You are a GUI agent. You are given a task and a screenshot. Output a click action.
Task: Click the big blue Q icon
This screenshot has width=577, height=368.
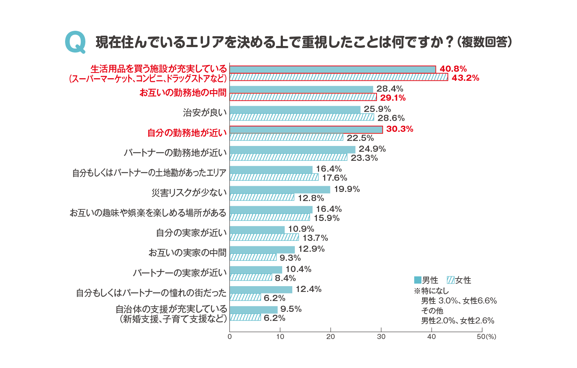[75, 42]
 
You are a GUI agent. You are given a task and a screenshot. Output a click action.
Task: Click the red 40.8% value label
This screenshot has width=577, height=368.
[453, 69]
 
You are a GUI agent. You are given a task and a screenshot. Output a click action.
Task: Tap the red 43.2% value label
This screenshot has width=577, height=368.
[465, 78]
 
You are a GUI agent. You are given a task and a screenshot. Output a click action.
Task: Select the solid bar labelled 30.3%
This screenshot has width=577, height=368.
[306, 130]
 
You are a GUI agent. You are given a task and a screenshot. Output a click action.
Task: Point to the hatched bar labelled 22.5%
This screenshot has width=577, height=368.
[286, 137]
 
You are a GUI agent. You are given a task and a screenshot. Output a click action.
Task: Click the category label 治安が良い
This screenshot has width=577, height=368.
[205, 113]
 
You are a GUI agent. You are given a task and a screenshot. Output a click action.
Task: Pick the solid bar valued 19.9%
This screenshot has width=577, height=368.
[280, 189]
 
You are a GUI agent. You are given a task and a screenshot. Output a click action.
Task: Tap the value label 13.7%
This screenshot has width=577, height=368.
[315, 238]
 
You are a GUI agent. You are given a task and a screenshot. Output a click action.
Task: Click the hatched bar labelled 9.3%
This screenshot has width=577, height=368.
[253, 258]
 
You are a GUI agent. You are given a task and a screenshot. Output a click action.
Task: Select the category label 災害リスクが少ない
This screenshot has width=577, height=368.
[189, 193]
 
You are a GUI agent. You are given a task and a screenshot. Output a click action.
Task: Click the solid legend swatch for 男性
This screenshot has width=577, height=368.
[417, 280]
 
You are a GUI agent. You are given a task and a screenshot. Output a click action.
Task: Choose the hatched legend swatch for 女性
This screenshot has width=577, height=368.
[450, 280]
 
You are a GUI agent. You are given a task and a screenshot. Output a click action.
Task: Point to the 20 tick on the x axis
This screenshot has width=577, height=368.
[331, 336]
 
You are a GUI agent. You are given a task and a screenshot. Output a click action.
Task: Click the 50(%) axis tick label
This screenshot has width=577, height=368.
[486, 336]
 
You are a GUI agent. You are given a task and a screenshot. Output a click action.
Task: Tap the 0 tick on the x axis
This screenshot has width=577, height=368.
[230, 336]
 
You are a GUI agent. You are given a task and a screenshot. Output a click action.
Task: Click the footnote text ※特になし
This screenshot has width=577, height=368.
[431, 291]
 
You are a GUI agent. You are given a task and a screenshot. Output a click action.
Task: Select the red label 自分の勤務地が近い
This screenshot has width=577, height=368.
[187, 133]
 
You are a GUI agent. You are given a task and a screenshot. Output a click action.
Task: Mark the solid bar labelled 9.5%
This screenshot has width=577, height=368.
[254, 310]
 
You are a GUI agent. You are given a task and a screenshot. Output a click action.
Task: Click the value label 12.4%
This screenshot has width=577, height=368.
[308, 289]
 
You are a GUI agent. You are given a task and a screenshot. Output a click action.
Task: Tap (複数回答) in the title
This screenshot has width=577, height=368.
[484, 42]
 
